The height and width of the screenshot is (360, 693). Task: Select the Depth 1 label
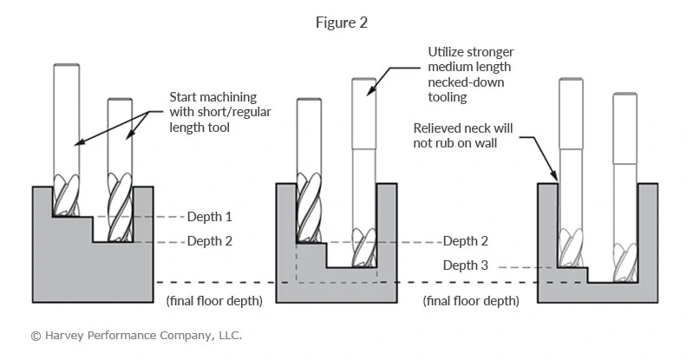(x=210, y=216)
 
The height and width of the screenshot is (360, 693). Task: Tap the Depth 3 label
(x=466, y=265)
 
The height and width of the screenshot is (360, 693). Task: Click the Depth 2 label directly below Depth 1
(x=210, y=241)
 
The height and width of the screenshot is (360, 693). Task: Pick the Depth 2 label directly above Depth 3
(x=466, y=241)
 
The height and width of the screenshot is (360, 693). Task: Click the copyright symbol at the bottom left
(x=36, y=335)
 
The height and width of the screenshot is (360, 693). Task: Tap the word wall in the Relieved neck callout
(x=484, y=143)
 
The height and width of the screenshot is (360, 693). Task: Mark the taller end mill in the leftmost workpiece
(x=66, y=130)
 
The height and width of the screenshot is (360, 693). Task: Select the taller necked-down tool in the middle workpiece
(x=363, y=156)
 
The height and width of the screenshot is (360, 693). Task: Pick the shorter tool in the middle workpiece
(x=310, y=165)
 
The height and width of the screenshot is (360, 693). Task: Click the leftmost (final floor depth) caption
(x=212, y=301)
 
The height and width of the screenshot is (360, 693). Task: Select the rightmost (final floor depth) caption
(x=471, y=301)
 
